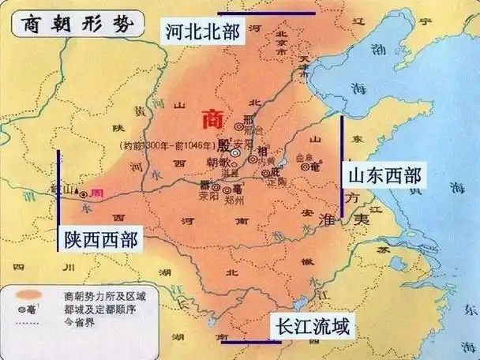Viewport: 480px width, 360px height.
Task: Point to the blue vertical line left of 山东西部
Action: (342, 166)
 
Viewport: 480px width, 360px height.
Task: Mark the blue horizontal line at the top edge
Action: (266, 13)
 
